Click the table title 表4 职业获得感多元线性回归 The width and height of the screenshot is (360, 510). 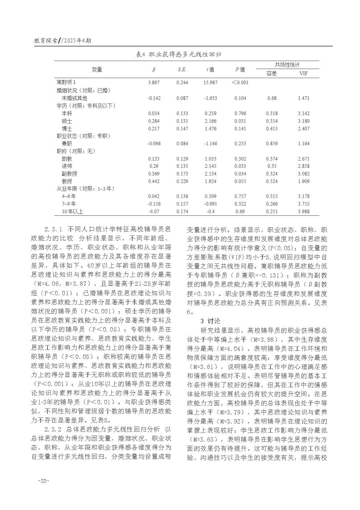click(x=179, y=54)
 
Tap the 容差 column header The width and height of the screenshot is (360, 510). click(x=271, y=74)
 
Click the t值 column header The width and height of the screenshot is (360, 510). click(x=210, y=69)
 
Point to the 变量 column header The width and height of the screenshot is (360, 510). click(x=97, y=69)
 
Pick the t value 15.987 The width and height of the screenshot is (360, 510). click(x=210, y=83)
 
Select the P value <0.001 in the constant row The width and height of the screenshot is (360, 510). click(x=240, y=83)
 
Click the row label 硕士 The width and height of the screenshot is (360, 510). click(x=67, y=121)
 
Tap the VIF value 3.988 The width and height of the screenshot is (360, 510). click(x=303, y=211)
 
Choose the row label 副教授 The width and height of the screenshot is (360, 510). click(x=69, y=174)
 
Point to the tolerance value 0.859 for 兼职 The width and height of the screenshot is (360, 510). click(x=271, y=143)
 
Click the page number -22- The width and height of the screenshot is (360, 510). click(x=43, y=481)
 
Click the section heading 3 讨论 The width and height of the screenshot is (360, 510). click(x=210, y=321)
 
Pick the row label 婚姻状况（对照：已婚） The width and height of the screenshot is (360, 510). click(x=83, y=90)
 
